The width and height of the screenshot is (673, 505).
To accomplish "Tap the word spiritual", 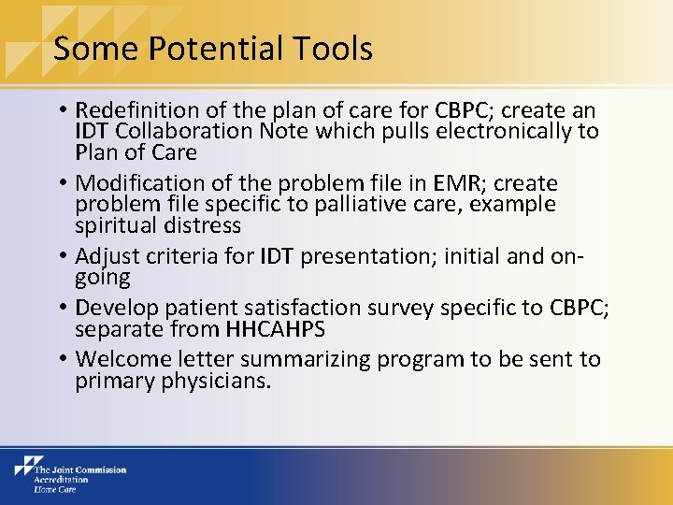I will click(x=117, y=226).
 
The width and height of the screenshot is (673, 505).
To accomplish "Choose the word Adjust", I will click(x=106, y=256).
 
